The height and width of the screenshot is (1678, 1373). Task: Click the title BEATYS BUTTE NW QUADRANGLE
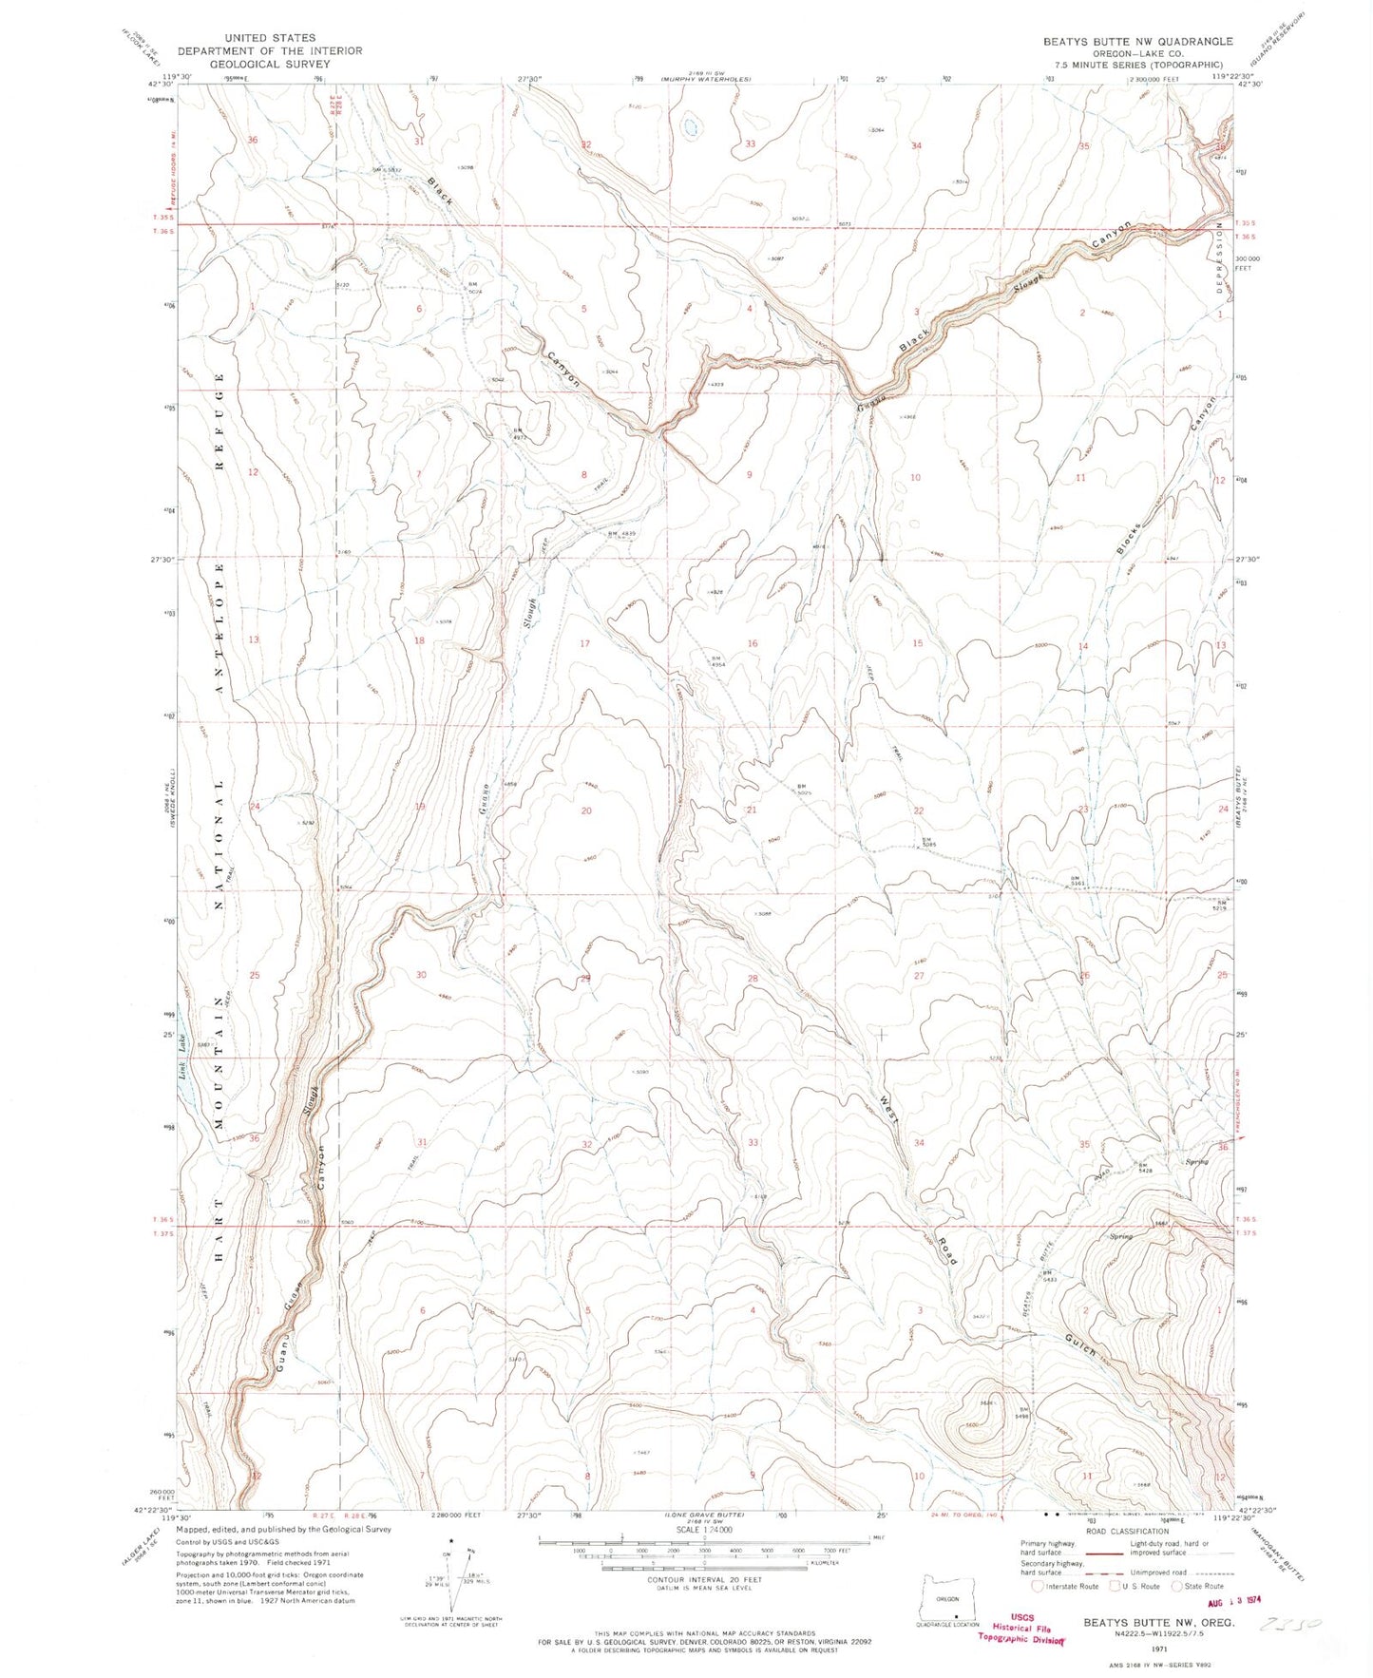(x=1137, y=41)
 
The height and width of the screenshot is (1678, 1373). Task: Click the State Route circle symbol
(x=1178, y=1585)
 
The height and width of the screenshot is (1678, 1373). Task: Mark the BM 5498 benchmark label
(x=1022, y=1412)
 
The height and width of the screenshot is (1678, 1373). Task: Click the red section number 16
(x=753, y=643)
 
